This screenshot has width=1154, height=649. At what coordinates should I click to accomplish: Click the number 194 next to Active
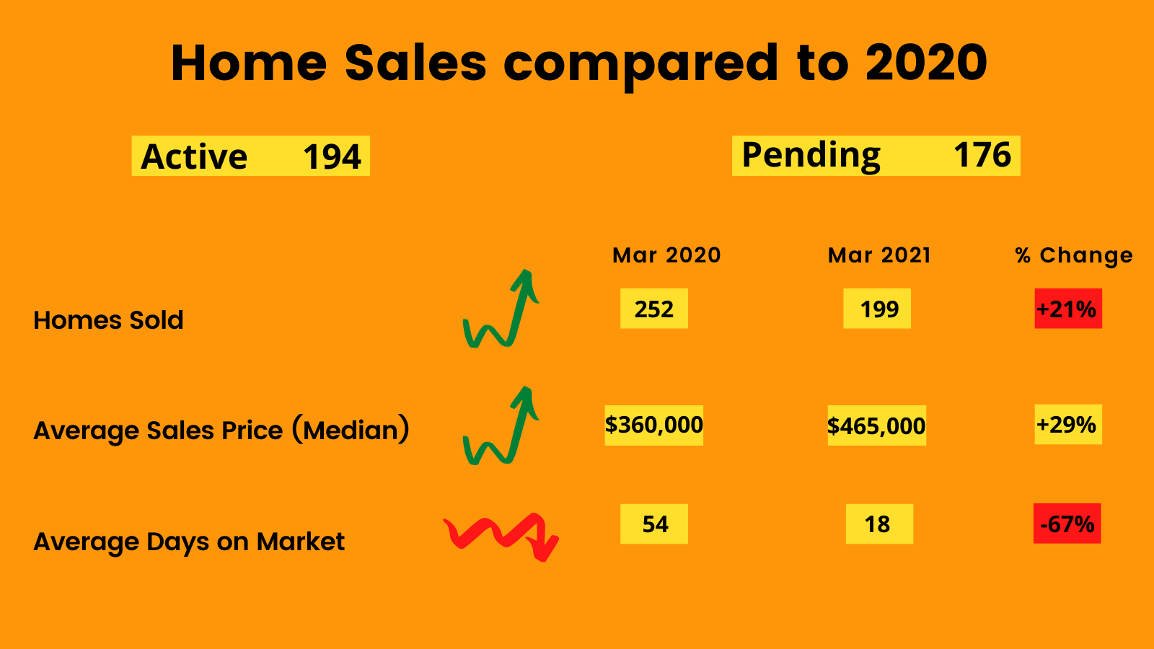coord(332,156)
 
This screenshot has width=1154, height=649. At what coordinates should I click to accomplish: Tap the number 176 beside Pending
coord(982,154)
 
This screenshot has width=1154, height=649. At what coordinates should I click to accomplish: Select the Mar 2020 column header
coord(666,255)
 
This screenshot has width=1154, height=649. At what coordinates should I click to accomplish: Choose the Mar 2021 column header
coord(879,255)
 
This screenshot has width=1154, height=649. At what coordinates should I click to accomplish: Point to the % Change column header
coord(1074,255)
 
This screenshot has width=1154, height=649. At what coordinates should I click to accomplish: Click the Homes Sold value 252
coord(653,309)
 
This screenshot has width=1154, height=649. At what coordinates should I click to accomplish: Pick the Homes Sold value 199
coord(877,309)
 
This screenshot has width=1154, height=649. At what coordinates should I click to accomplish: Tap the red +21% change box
coord(1068,309)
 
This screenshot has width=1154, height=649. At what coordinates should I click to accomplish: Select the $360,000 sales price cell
coord(653,425)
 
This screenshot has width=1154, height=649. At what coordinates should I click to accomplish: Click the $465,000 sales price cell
coord(876,425)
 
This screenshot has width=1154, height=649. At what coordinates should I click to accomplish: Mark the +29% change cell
coord(1068,425)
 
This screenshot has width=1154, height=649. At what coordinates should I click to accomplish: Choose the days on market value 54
coord(653,524)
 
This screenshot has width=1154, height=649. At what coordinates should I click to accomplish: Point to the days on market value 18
coord(879,524)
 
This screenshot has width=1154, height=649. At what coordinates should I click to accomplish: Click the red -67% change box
coord(1067,524)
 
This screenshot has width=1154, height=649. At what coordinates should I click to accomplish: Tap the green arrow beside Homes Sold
coord(515,319)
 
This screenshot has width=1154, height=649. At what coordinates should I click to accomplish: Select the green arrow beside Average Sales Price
coord(515,436)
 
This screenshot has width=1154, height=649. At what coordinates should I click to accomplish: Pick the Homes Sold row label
coord(108,320)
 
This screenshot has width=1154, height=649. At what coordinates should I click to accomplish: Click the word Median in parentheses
coord(351,430)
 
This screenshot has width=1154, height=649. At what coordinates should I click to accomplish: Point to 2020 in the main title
coord(926,62)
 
